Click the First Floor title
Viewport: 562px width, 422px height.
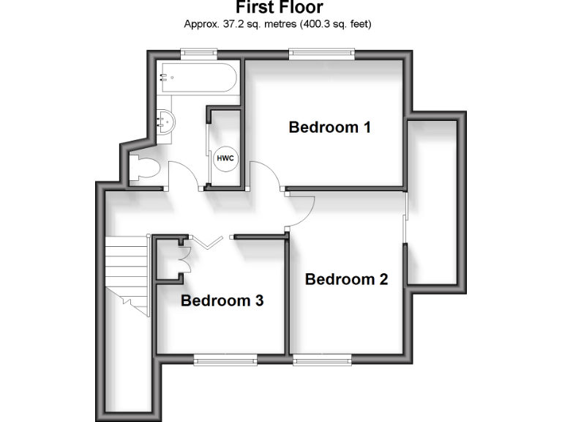tap(280, 7)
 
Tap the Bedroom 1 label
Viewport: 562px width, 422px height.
tap(330, 127)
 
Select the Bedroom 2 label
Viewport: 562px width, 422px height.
tap(346, 279)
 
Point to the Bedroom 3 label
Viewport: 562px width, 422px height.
tap(222, 300)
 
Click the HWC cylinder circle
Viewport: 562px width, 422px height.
tap(225, 158)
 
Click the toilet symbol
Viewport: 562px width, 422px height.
tap(143, 169)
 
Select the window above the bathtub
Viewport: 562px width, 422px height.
tap(199, 51)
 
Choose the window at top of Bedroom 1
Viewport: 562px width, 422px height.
tap(321, 51)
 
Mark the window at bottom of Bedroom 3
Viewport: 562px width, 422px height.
tap(225, 358)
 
